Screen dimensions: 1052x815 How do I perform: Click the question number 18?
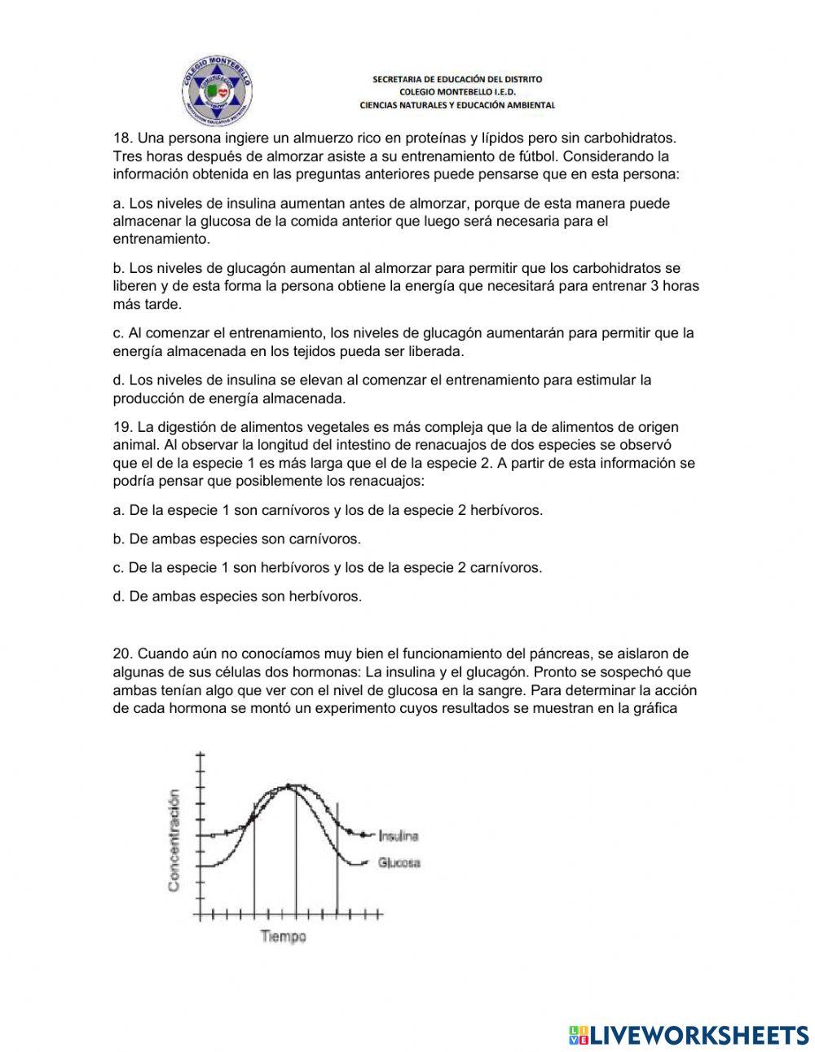coord(121,139)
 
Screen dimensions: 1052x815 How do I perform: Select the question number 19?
coord(121,427)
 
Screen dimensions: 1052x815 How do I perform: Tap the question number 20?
coord(122,654)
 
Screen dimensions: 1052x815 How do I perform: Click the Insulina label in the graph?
coord(399,836)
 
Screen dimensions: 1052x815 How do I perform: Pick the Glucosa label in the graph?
coord(399,863)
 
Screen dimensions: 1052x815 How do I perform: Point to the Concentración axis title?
coord(174,843)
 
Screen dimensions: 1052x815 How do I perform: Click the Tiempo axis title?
coord(284,937)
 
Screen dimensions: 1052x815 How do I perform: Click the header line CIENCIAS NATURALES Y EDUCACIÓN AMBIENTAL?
coord(457,105)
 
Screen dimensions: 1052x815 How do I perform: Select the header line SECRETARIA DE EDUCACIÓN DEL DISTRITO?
coord(457,79)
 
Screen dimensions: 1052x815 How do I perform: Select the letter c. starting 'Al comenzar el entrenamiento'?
coord(118,332)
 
